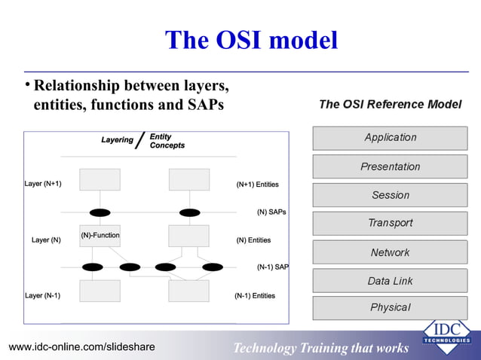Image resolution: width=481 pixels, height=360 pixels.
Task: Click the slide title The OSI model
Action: pos(251,40)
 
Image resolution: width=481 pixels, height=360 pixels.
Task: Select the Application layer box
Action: pos(390,138)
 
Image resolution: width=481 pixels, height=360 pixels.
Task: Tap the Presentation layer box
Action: pos(390,166)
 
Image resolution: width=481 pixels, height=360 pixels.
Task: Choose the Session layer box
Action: pos(390,195)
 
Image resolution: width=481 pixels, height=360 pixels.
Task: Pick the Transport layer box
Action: pos(390,224)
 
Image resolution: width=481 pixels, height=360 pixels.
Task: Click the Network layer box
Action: pos(390,252)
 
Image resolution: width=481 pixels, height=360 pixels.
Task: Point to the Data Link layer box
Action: pos(390,281)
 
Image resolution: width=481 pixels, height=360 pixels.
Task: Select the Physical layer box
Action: pos(390,308)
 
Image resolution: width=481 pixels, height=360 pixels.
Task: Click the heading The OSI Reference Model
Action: pos(390,105)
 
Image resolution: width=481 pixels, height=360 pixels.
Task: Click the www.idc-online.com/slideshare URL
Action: pos(81,346)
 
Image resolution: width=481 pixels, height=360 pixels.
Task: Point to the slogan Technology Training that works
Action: pos(320,348)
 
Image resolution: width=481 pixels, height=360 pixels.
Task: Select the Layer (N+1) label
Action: pos(43,184)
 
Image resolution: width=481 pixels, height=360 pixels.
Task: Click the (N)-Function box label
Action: pos(100,236)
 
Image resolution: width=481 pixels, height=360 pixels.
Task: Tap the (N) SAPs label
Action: pos(271,212)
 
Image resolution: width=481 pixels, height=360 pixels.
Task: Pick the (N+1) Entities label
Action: pos(257,184)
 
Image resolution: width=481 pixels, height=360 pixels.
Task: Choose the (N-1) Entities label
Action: pos(255,296)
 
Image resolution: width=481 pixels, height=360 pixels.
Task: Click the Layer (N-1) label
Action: pos(42,296)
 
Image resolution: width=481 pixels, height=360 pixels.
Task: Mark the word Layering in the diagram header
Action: pos(117,140)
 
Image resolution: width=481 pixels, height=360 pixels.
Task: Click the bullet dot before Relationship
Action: pos(27,84)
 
